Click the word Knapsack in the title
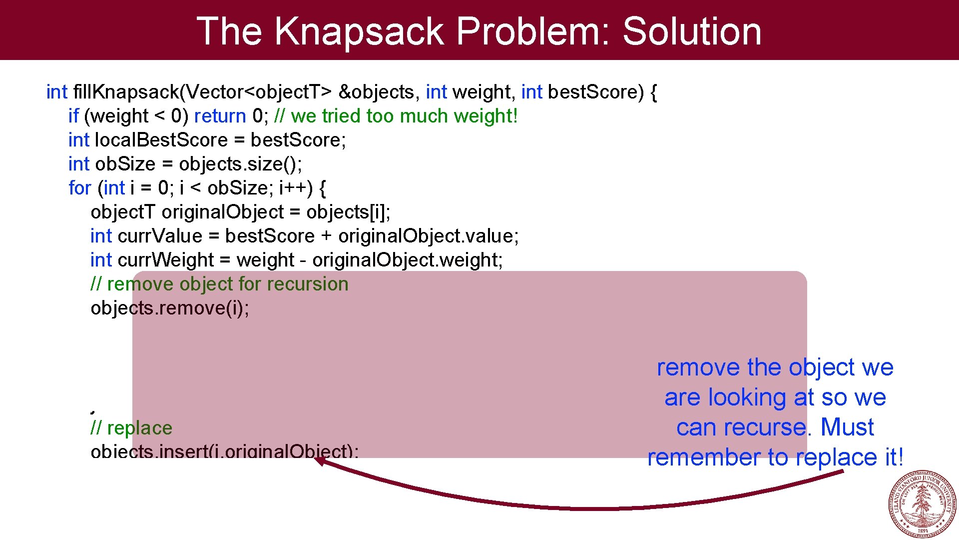click(359, 31)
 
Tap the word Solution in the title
click(692, 31)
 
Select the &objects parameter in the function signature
click(377, 92)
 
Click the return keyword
click(220, 116)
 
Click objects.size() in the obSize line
click(240, 164)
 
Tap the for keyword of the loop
click(80, 188)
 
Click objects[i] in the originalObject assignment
click(348, 212)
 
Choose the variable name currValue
click(160, 236)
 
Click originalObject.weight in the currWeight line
click(407, 260)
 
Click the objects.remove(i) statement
click(170, 308)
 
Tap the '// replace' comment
click(131, 428)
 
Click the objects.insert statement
click(224, 451)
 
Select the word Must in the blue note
click(847, 427)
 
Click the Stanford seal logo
click(923, 504)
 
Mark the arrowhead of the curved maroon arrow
click(320, 460)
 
